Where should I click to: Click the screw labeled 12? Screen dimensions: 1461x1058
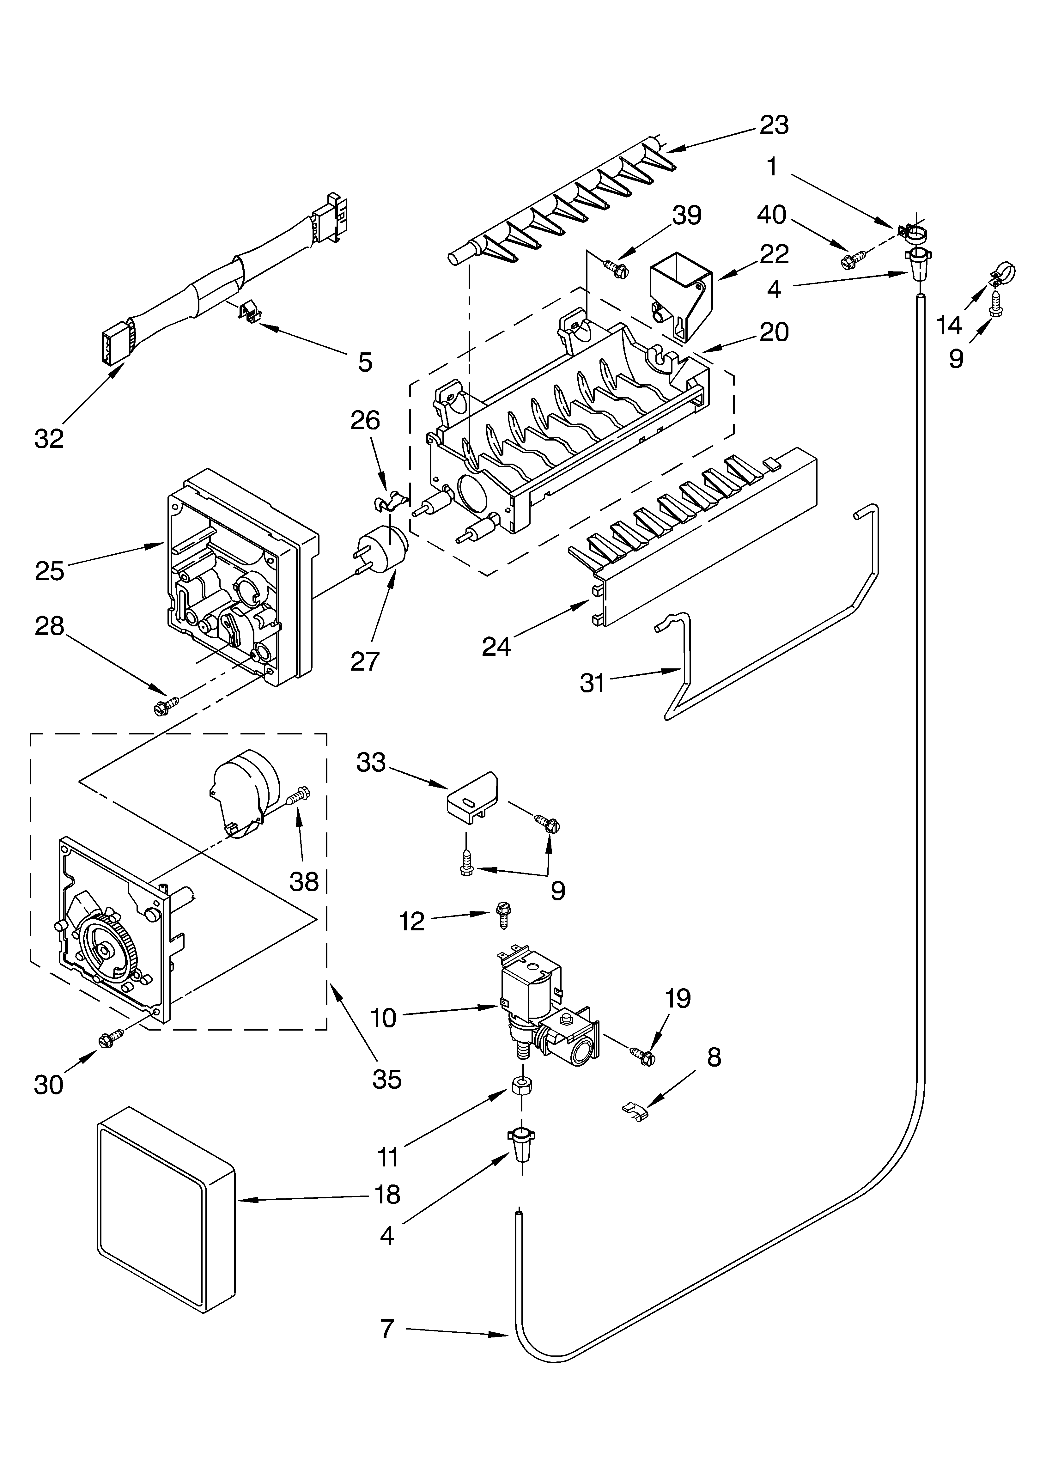(502, 915)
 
